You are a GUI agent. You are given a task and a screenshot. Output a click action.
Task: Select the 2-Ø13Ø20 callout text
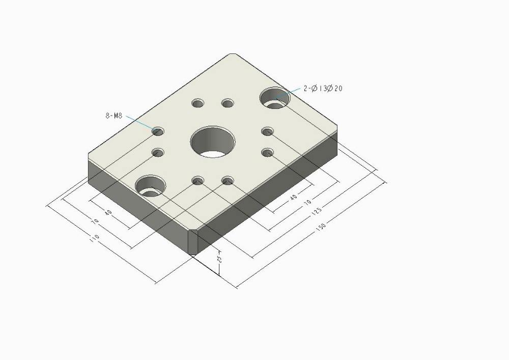tap(323, 89)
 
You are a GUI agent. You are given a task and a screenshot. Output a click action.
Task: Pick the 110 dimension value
tap(94, 238)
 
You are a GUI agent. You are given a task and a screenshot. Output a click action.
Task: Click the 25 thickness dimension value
tap(219, 259)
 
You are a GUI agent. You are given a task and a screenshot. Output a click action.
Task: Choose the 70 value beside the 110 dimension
tap(95, 221)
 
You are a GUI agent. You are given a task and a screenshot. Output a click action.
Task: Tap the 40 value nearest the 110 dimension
tap(108, 212)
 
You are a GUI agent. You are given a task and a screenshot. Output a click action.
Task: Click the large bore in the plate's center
tap(212, 141)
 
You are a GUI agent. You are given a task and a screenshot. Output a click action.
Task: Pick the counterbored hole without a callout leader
tap(151, 185)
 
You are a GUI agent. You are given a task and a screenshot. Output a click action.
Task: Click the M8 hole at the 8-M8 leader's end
tap(158, 131)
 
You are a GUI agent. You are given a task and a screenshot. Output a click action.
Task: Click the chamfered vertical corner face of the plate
tap(193, 242)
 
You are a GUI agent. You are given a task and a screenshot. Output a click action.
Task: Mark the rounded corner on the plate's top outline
tap(233, 54)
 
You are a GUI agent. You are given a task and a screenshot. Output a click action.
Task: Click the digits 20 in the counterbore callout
tap(338, 89)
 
